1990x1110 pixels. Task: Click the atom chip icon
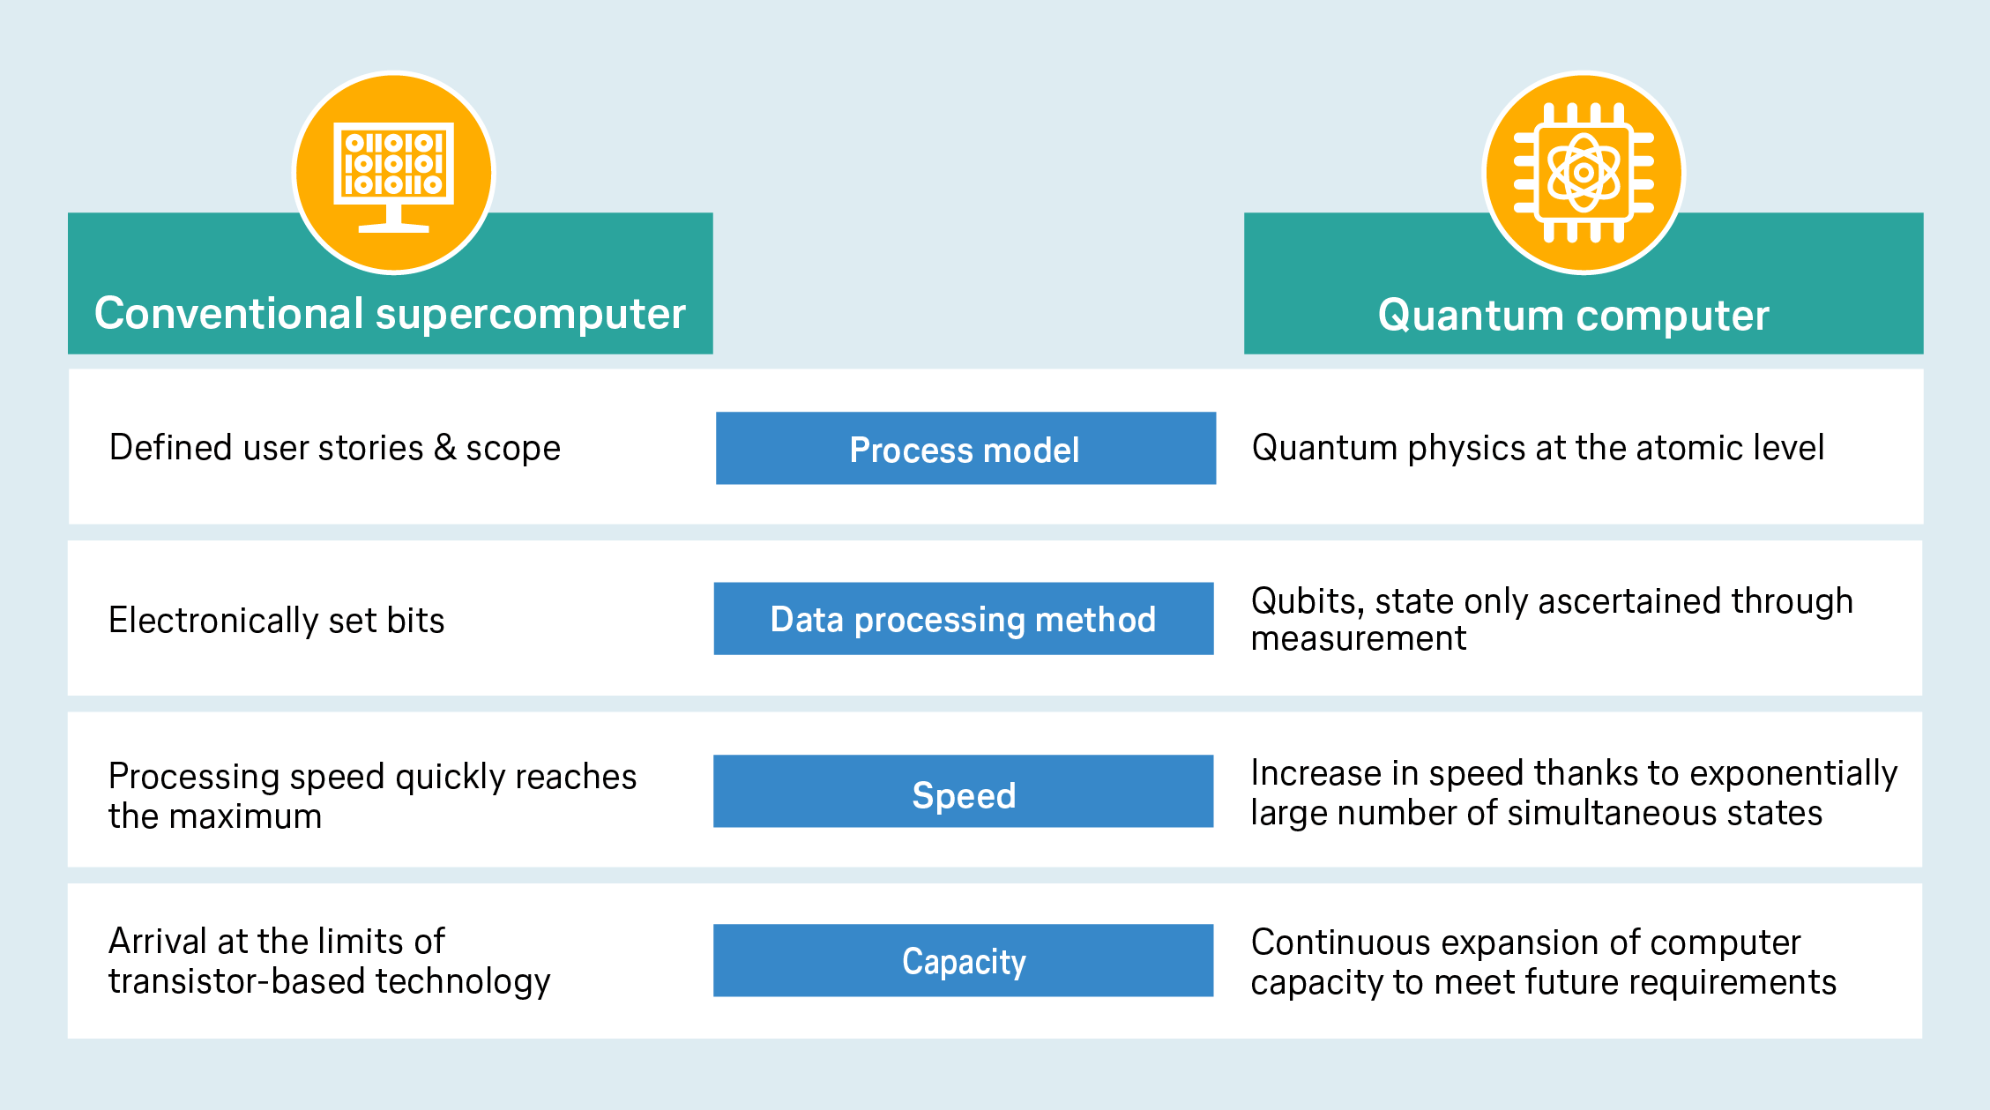[1584, 173]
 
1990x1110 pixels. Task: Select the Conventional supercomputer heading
[390, 314]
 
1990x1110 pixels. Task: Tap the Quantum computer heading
[1574, 315]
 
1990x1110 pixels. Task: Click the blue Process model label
[965, 448]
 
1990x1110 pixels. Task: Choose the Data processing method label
[964, 619]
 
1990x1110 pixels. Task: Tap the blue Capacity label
[964, 961]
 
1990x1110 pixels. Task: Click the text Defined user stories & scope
[335, 448]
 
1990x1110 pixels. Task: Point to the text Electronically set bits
[277, 620]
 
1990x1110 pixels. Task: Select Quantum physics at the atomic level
[1538, 448]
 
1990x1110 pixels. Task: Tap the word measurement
[1359, 638]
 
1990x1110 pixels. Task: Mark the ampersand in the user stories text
[445, 447]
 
